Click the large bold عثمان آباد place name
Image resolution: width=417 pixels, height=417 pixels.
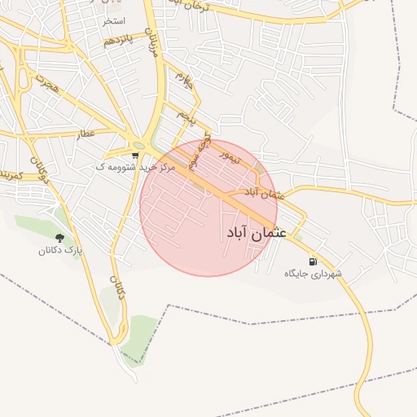(256, 233)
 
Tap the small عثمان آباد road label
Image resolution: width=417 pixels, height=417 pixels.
(262, 193)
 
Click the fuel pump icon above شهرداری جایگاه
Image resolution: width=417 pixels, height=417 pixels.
(311, 261)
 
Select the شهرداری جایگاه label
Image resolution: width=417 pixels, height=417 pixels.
(314, 274)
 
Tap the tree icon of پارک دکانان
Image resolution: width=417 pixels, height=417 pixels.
(59, 238)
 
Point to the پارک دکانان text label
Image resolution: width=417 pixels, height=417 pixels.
(60, 251)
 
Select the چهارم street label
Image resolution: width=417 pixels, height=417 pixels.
(183, 81)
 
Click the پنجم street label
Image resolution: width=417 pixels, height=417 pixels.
(188, 119)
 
